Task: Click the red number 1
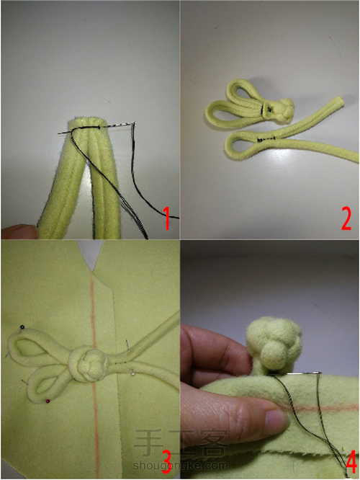(x=167, y=218)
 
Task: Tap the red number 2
(x=346, y=218)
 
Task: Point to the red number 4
(x=351, y=463)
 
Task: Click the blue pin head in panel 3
(x=22, y=327)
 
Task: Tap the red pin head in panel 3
(x=48, y=401)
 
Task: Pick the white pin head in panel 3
(x=132, y=373)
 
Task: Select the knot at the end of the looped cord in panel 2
(x=284, y=109)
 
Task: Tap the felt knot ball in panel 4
(x=274, y=344)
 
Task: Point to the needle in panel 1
(x=97, y=128)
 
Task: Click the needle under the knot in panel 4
(x=294, y=373)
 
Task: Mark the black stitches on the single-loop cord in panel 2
(x=266, y=140)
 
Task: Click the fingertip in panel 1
(x=18, y=232)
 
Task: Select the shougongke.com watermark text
(x=180, y=466)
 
